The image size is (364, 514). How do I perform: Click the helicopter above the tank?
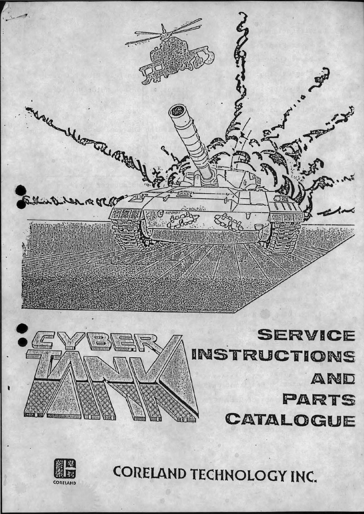tap(176, 56)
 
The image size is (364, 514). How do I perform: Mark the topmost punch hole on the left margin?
tap(20, 190)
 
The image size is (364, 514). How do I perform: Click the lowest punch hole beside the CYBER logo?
tap(20, 341)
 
